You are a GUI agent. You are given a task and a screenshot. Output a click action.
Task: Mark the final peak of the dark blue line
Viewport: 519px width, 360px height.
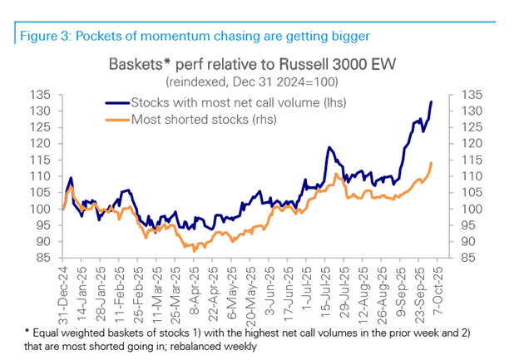(x=432, y=101)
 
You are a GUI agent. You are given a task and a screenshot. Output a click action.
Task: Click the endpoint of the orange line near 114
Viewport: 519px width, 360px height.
(x=432, y=163)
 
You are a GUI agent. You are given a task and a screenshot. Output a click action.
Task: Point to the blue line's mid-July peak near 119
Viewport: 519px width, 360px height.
(x=329, y=147)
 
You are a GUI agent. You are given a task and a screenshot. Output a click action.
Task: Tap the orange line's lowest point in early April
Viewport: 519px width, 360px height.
(x=194, y=250)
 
